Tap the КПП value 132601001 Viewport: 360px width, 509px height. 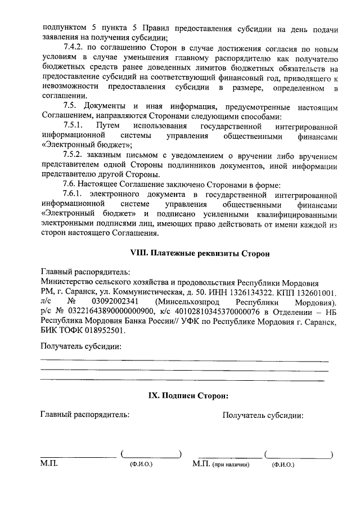pos(315,292)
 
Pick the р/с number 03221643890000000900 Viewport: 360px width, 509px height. pos(111,312)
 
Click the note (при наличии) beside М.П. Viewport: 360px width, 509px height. pos(231,466)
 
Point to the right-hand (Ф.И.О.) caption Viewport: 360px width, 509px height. pos(282,466)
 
